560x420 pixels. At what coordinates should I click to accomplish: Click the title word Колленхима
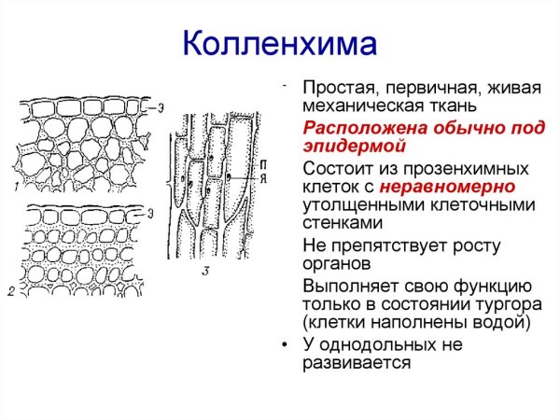[279, 44]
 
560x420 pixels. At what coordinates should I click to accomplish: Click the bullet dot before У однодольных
[285, 344]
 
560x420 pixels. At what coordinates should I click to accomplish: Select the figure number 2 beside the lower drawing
[11, 292]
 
